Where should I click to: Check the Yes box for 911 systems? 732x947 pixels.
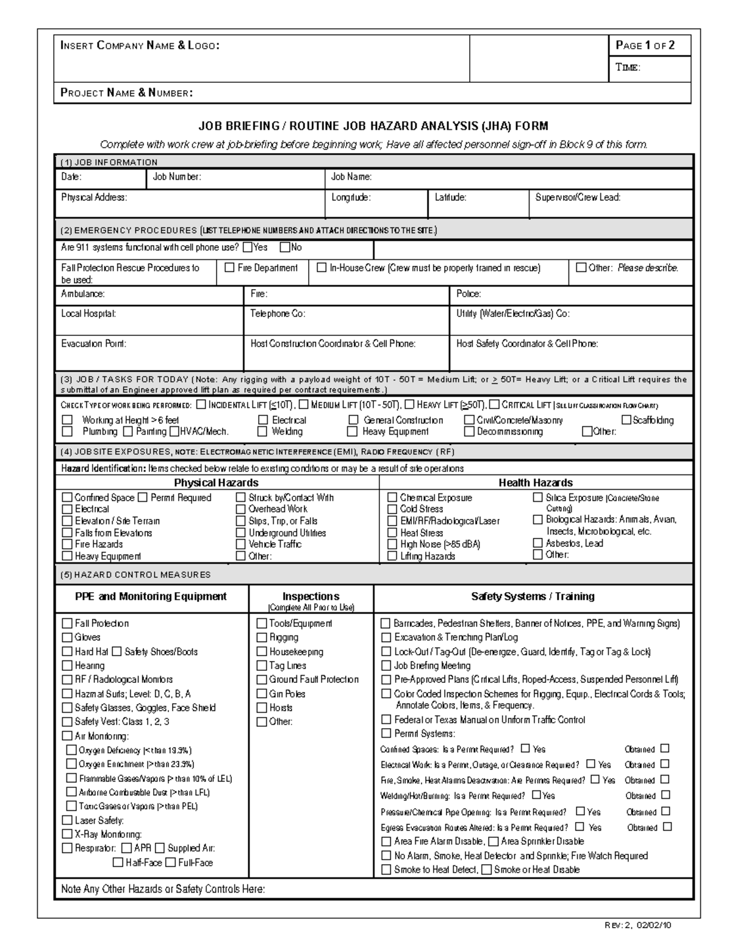[x=247, y=248]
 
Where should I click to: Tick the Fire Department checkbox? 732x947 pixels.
[x=230, y=267]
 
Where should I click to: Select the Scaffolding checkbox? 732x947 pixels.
[x=626, y=420]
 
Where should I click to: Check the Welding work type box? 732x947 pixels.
[x=262, y=431]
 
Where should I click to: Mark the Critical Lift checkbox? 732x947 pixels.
[x=494, y=404]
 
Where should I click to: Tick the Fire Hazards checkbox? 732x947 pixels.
[x=67, y=544]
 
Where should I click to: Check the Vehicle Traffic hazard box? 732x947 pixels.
[x=241, y=544]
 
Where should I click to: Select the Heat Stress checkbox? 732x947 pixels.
[x=392, y=532]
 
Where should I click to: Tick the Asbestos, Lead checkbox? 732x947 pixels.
[x=537, y=543]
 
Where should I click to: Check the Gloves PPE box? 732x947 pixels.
[x=67, y=637]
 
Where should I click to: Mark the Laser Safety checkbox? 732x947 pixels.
[x=67, y=820]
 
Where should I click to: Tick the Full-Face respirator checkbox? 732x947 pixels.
[x=171, y=862]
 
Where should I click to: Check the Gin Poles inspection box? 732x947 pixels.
[x=262, y=693]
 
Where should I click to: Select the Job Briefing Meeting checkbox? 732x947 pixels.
[x=386, y=665]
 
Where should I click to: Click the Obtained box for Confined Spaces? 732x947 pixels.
[x=665, y=748]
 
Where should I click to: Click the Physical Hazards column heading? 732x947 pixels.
[x=216, y=482]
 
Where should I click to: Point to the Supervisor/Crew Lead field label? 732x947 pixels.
[x=578, y=197]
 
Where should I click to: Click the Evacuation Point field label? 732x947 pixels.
[x=93, y=343]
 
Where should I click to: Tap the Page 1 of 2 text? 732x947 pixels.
[x=645, y=45]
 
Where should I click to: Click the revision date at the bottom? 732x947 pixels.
[x=638, y=924]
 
